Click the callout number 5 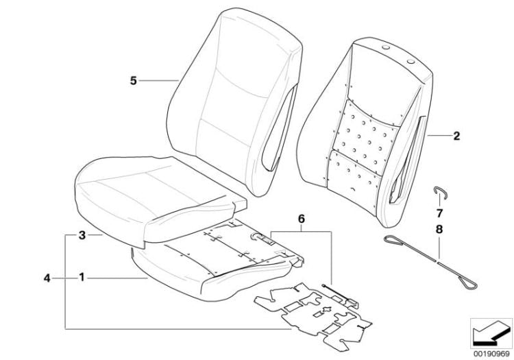tap(133, 81)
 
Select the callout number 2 tap(456, 136)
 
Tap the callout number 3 tap(81, 235)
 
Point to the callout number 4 tap(47, 278)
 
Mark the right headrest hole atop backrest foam tap(412, 62)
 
